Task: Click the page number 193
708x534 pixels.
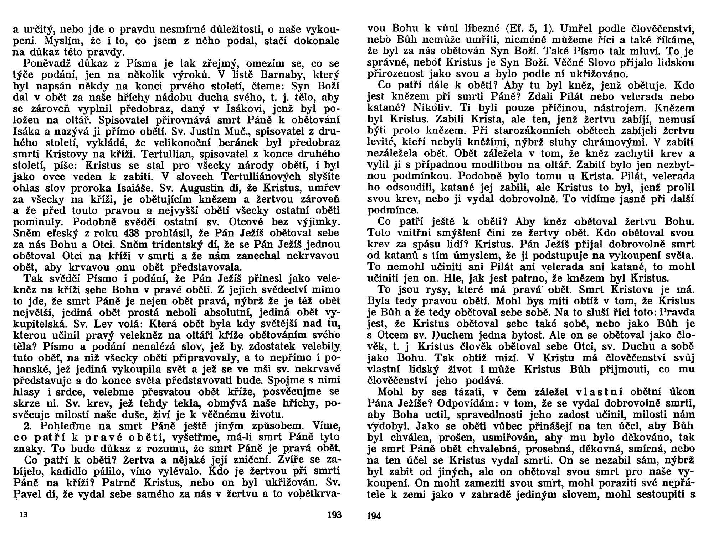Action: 334,515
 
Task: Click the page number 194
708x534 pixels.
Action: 374,515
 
